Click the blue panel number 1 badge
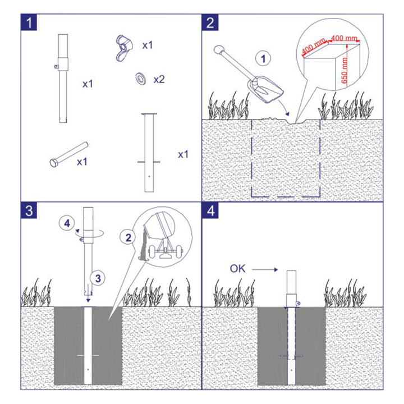tap(29, 22)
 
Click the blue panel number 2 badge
tap(210, 22)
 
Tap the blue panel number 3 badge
tap(29, 210)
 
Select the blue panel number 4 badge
tap(210, 210)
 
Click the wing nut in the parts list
tap(124, 48)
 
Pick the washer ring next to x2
tap(140, 79)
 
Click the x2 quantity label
tap(159, 79)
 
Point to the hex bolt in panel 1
tap(69, 155)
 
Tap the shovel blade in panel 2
tap(265, 90)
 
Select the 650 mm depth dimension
tap(344, 70)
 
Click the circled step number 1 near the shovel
tap(263, 59)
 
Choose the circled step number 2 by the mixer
tap(128, 237)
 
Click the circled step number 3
tap(98, 278)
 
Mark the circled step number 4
tap(67, 223)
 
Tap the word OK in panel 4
tap(237, 269)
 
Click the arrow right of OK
tap(265, 270)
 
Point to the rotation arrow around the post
tap(90, 233)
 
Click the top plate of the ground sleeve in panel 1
tap(149, 113)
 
